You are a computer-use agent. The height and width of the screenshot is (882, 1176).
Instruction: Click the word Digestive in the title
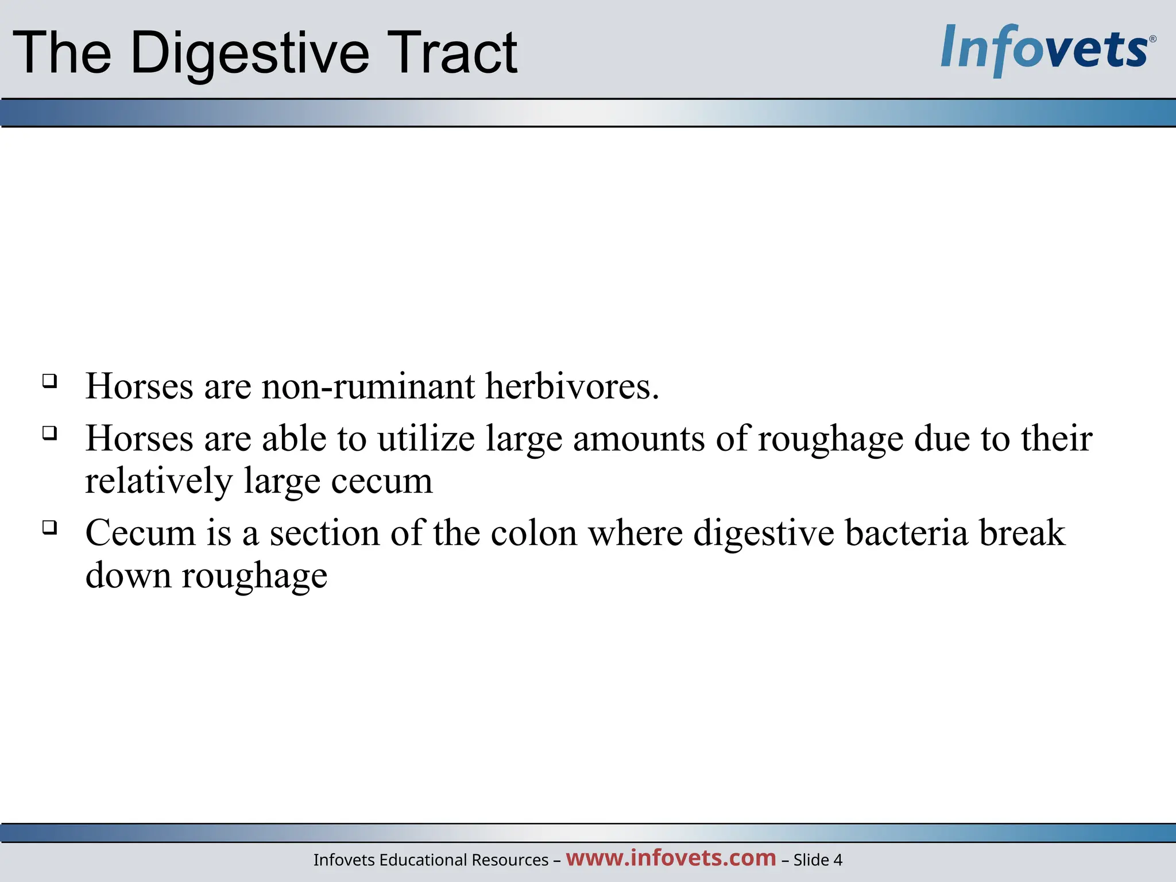point(250,53)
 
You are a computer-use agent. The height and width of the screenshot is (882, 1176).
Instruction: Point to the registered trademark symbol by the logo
point(1152,39)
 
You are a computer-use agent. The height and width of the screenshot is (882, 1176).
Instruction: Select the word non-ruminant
point(368,386)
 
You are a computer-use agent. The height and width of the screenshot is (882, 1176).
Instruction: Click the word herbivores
point(572,386)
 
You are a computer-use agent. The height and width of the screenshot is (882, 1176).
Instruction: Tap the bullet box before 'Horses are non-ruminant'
point(50,381)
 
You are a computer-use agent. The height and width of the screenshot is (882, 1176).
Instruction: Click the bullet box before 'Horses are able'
point(50,433)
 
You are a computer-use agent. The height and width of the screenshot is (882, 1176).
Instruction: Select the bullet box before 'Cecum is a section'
point(50,527)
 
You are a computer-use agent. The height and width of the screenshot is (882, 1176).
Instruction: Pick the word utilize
point(425,439)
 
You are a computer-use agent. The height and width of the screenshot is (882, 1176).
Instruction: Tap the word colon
point(533,533)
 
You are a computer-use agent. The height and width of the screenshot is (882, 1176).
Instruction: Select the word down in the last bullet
point(128,575)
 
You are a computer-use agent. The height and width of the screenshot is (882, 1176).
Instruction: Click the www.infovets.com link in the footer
point(671,857)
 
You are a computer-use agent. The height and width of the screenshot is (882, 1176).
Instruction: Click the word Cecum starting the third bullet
point(141,533)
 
